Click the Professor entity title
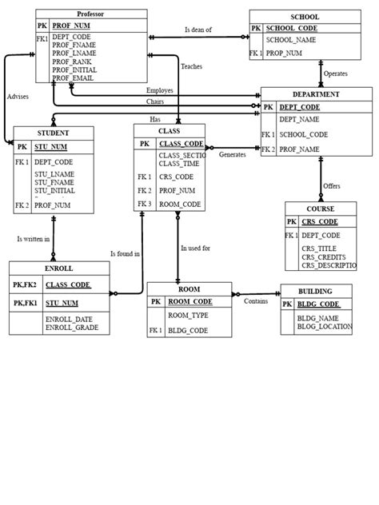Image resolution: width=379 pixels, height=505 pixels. tap(90, 14)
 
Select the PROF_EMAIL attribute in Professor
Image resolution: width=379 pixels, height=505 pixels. tap(73, 78)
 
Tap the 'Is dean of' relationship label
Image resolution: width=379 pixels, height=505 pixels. tap(198, 30)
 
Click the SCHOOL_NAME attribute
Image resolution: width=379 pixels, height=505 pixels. tap(291, 38)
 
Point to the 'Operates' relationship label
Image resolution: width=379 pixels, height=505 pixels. tap(336, 74)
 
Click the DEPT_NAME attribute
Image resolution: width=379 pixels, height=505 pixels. tap(296, 119)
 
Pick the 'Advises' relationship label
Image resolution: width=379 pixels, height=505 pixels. tap(18, 96)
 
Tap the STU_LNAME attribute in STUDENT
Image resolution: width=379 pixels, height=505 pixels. tap(54, 174)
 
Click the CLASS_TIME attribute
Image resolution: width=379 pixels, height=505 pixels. tap(178, 163)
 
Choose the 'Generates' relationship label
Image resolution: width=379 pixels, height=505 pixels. tap(233, 154)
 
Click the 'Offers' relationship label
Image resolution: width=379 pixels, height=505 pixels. tap(332, 185)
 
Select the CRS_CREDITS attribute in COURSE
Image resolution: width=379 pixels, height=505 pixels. tap(324, 257)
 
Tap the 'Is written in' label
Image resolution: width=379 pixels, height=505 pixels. tap(34, 239)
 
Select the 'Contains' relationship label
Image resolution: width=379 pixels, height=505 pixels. tap(256, 301)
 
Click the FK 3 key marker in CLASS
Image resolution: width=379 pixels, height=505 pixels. tap(145, 205)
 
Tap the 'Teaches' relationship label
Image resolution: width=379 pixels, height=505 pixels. tap(192, 66)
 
